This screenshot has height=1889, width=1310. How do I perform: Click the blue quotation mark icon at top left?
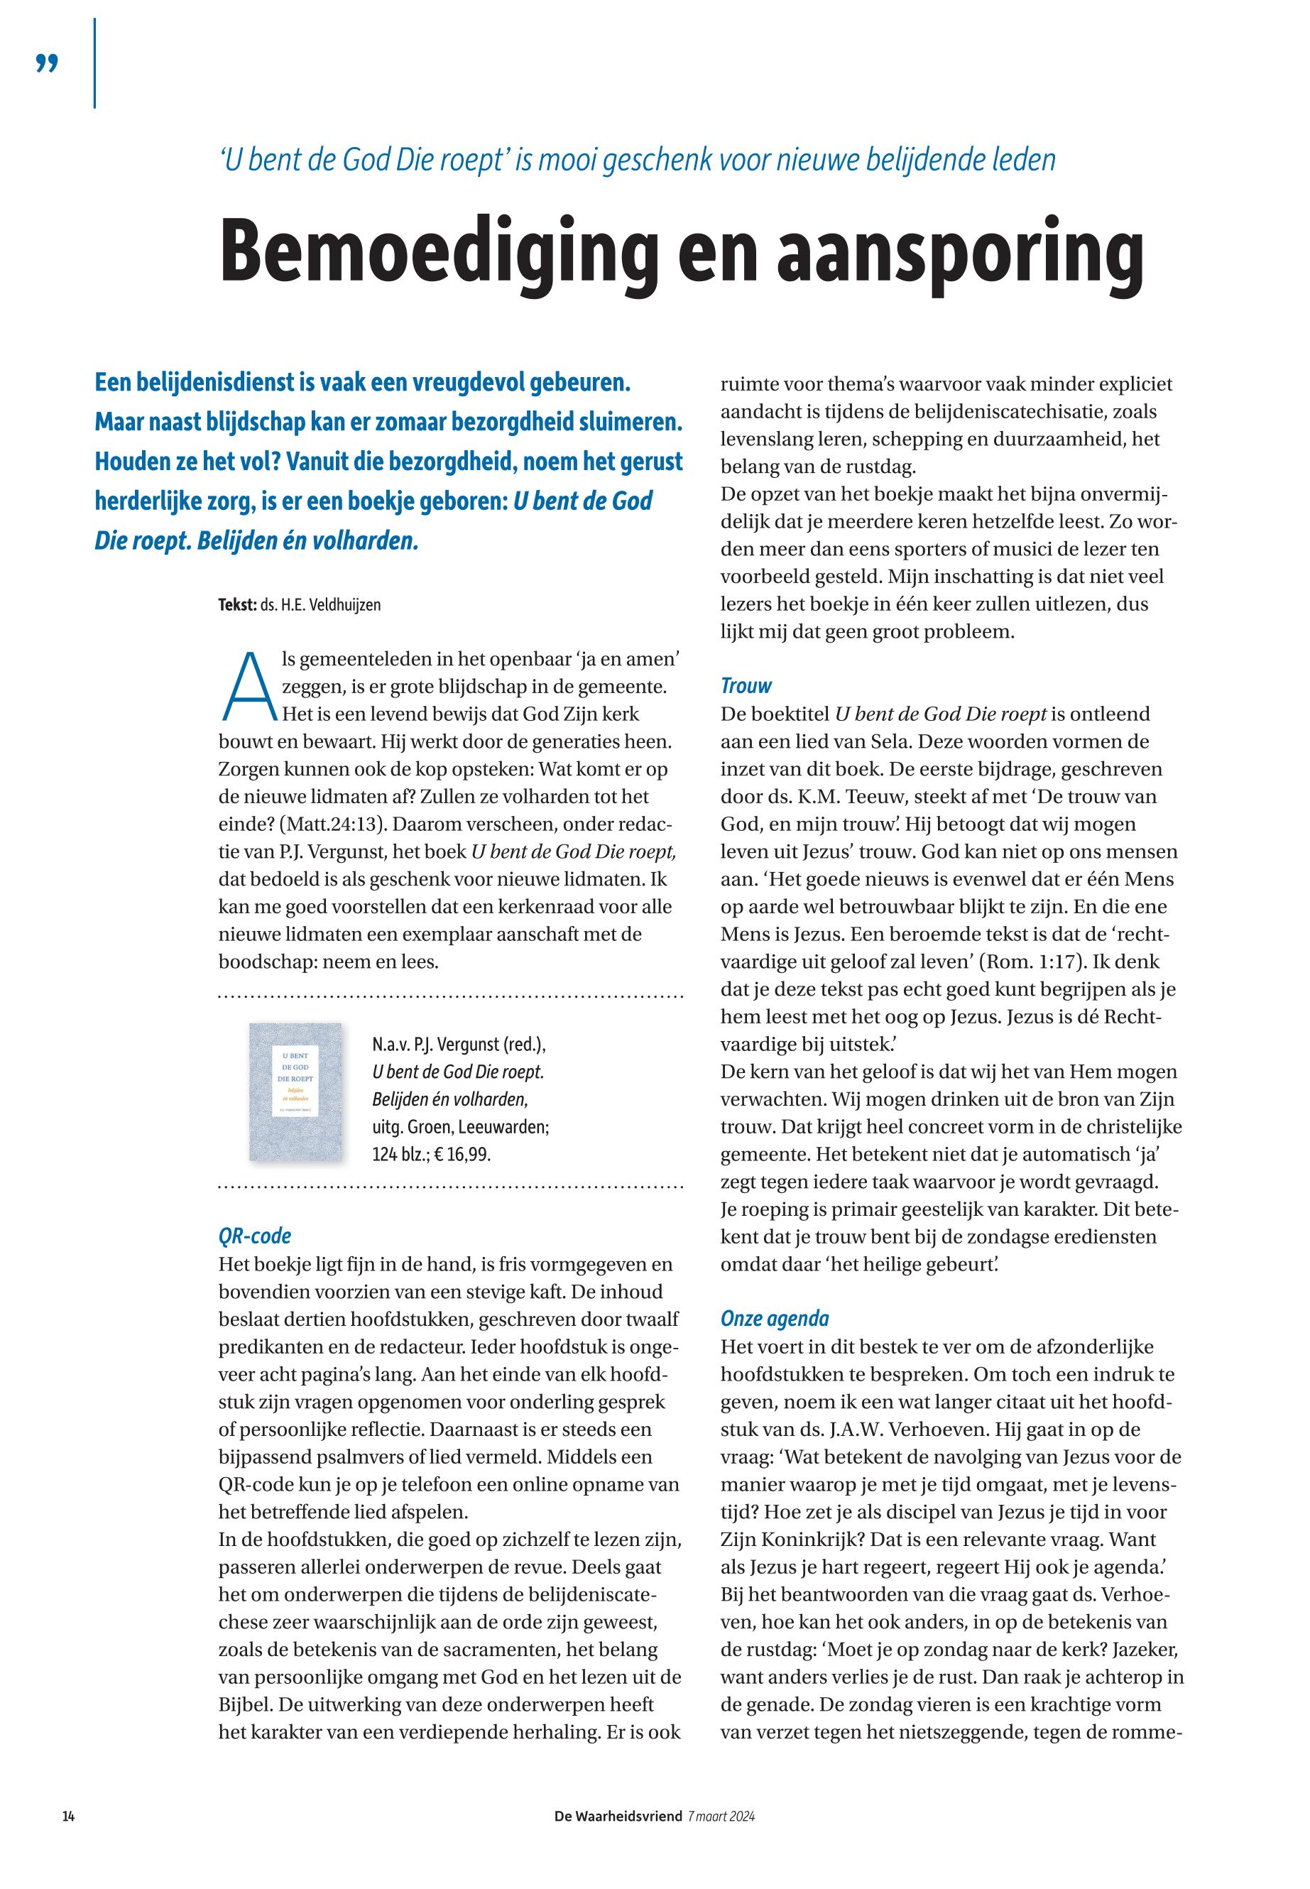pyautogui.click(x=48, y=64)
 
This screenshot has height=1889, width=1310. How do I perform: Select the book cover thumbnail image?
pyautogui.click(x=295, y=1092)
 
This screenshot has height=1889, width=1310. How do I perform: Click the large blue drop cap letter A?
pyautogui.click(x=248, y=684)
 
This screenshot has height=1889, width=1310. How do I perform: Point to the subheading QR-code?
pyautogui.click(x=254, y=1236)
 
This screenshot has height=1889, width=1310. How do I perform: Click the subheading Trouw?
pyautogui.click(x=746, y=685)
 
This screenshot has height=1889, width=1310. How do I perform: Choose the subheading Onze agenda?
pyautogui.click(x=775, y=1319)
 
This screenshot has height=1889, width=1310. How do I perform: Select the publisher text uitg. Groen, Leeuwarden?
pyautogui.click(x=459, y=1127)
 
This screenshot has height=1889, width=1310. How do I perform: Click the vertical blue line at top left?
pyautogui.click(x=95, y=63)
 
